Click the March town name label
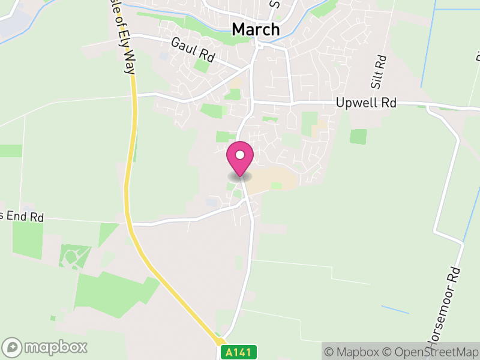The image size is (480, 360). coord(256,29)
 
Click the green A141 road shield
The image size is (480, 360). coord(239,352)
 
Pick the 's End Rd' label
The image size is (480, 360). coord(22,217)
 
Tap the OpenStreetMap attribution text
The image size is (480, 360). coord(431,352)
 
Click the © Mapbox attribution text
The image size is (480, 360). coord(354,352)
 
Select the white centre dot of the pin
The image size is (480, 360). coord(240,155)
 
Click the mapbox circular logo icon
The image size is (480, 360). coord(13,347)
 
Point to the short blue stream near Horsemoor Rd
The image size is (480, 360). coord(395,310)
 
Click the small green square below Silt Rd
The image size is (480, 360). coord(358,136)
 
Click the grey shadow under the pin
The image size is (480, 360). coord(240,177)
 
